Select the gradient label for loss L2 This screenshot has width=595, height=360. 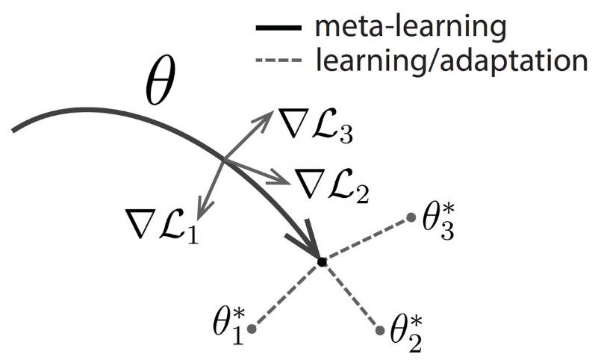333,184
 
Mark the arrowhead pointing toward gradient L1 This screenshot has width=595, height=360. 198,210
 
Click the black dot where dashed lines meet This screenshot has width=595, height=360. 321,262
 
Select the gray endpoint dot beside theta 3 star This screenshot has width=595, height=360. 411,218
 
